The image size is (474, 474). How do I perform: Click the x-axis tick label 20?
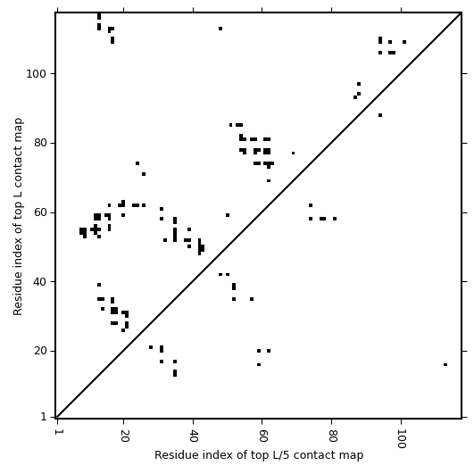click(x=124, y=436)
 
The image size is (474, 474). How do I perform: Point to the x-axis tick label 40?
click(x=194, y=436)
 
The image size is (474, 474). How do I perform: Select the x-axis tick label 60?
click(x=262, y=436)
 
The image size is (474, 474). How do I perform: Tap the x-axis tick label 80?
click(x=332, y=436)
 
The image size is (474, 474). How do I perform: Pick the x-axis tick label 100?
click(x=402, y=438)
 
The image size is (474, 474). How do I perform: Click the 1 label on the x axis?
click(x=57, y=432)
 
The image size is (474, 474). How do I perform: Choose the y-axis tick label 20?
click(x=40, y=351)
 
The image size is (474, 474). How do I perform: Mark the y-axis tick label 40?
click(x=40, y=282)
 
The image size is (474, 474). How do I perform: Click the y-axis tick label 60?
click(x=40, y=212)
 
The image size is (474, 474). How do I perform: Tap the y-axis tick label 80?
click(x=40, y=143)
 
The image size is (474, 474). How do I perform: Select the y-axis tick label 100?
click(x=37, y=74)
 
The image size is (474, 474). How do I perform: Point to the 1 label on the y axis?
click(x=44, y=418)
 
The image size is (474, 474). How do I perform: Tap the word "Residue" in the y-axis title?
click(x=18, y=296)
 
